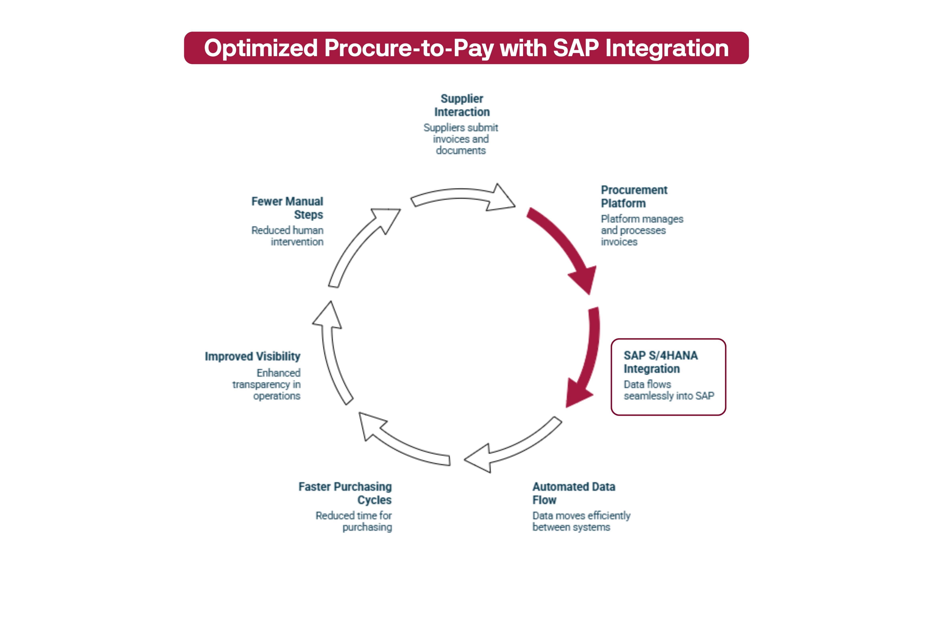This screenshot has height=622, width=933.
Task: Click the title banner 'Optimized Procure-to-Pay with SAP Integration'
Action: point(466,48)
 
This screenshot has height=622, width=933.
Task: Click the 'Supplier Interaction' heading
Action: point(462,105)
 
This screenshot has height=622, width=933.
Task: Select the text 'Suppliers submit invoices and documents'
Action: point(460,139)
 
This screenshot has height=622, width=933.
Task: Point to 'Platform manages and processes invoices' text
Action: point(641,230)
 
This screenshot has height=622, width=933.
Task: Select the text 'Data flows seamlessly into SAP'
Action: point(668,390)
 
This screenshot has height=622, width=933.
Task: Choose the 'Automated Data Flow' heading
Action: point(574,493)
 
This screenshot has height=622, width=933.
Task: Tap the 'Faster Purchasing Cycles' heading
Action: point(345,493)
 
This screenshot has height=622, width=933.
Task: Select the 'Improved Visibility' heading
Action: point(253,356)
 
